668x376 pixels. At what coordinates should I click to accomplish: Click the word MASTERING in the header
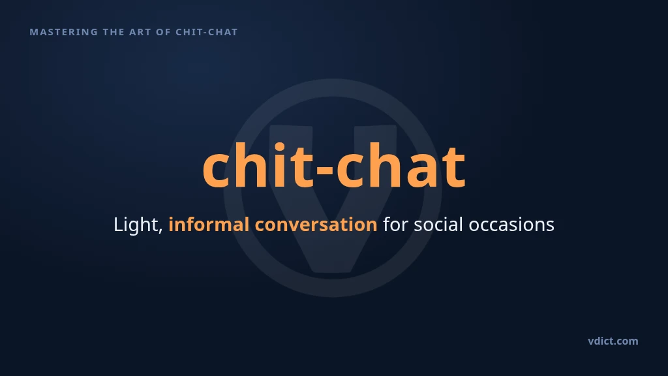click(64, 32)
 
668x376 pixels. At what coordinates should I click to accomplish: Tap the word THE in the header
click(114, 32)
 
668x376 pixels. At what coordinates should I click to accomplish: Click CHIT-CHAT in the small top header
click(207, 32)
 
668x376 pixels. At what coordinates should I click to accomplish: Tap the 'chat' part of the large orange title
click(401, 165)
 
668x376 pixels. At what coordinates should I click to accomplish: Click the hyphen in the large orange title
click(325, 169)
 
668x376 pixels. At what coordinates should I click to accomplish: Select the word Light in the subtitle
click(136, 225)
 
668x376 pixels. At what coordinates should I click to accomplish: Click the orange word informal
click(209, 225)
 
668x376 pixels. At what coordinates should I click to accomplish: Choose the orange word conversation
click(316, 225)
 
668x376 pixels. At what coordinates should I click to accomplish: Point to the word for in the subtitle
click(395, 225)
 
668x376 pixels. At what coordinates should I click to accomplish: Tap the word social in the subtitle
click(438, 225)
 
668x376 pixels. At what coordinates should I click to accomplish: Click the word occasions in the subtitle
click(511, 225)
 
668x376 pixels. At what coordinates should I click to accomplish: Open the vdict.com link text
click(613, 341)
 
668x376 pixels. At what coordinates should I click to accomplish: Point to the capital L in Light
click(119, 225)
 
